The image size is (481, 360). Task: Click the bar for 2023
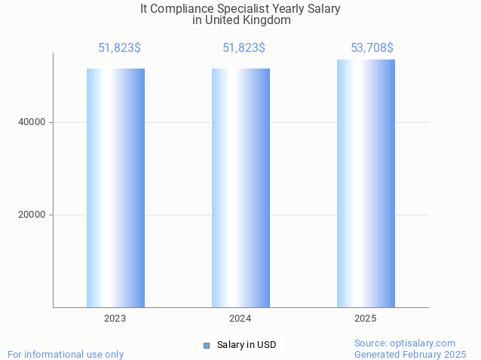[115, 188]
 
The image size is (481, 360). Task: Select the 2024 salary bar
[240, 188]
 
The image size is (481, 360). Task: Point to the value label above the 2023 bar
[119, 48]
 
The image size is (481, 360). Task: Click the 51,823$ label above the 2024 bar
[244, 48]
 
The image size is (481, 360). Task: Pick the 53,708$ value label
[372, 48]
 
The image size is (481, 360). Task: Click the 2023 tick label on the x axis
[115, 319]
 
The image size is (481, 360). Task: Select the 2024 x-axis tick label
[240, 319]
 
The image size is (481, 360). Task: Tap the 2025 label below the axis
[366, 319]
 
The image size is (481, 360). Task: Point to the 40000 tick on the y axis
[32, 122]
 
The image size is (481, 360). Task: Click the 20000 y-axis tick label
[32, 215]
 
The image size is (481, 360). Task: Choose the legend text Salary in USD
[247, 345]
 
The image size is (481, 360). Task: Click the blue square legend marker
[207, 345]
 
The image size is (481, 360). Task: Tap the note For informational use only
[66, 354]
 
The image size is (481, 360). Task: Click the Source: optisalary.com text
[405, 343]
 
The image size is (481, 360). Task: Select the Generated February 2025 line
[410, 354]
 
